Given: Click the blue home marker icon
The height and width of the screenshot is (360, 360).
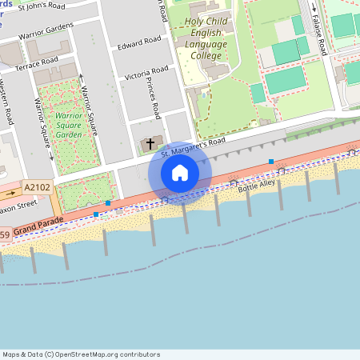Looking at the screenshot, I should point(180,173).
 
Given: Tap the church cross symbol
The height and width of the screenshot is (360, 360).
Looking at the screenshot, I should point(150,143).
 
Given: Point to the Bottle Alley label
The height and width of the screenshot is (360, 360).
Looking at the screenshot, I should point(255,184).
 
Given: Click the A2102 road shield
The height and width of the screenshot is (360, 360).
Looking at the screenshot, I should point(37,186).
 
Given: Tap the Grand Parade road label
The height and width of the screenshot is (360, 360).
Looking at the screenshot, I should point(39,228).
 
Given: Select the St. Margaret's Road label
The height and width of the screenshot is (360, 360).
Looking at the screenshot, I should point(193,146).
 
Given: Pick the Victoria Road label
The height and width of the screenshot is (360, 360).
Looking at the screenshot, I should point(146,74).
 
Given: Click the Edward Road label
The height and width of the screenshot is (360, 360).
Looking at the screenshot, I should point(138,42).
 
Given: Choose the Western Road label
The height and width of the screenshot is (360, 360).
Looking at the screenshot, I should point(7,100).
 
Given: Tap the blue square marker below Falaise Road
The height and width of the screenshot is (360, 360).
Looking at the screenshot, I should point(271,162).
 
